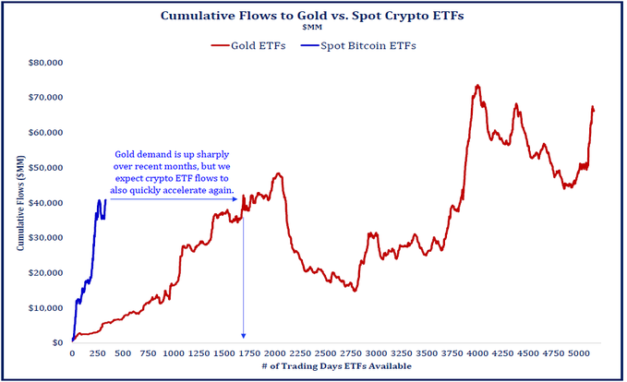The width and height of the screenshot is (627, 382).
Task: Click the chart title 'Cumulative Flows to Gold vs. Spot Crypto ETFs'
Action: [x=312, y=16]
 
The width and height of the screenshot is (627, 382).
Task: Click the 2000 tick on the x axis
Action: [x=274, y=353]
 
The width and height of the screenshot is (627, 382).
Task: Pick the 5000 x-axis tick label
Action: [x=578, y=353]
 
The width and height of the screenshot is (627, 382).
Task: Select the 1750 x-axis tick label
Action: [x=249, y=353]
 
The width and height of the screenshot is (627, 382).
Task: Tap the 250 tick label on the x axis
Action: [x=97, y=353]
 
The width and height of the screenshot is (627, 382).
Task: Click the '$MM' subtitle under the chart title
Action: [x=312, y=29]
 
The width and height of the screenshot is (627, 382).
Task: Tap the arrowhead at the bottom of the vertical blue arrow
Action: [x=244, y=337]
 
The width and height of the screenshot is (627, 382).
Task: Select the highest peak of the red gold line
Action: [x=477, y=86]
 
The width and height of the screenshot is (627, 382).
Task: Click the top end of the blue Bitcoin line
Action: [x=106, y=199]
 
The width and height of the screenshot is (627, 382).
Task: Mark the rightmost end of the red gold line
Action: [x=594, y=111]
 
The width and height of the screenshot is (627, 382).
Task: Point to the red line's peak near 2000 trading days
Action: [x=278, y=173]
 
